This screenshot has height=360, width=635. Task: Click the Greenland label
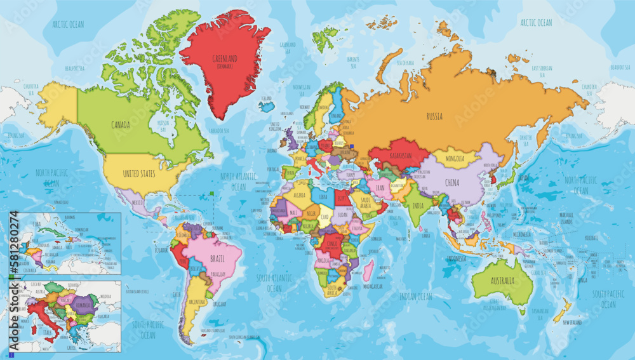pos(225,59)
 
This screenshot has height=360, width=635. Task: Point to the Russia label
pos(434,116)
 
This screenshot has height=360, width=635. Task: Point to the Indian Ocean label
pos(415,297)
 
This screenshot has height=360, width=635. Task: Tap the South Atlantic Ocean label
pos(274,283)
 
